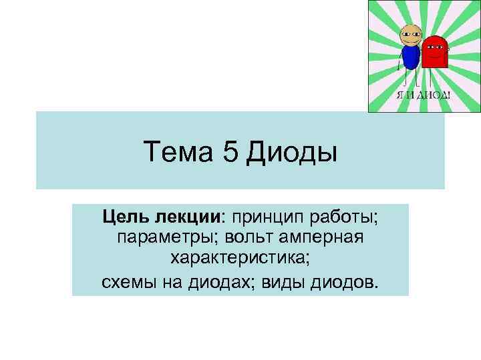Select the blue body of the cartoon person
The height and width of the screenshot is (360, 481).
tap(410, 56)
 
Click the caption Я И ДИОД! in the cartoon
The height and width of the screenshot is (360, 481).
tap(424, 95)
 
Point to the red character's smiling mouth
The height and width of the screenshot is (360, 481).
tap(436, 57)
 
